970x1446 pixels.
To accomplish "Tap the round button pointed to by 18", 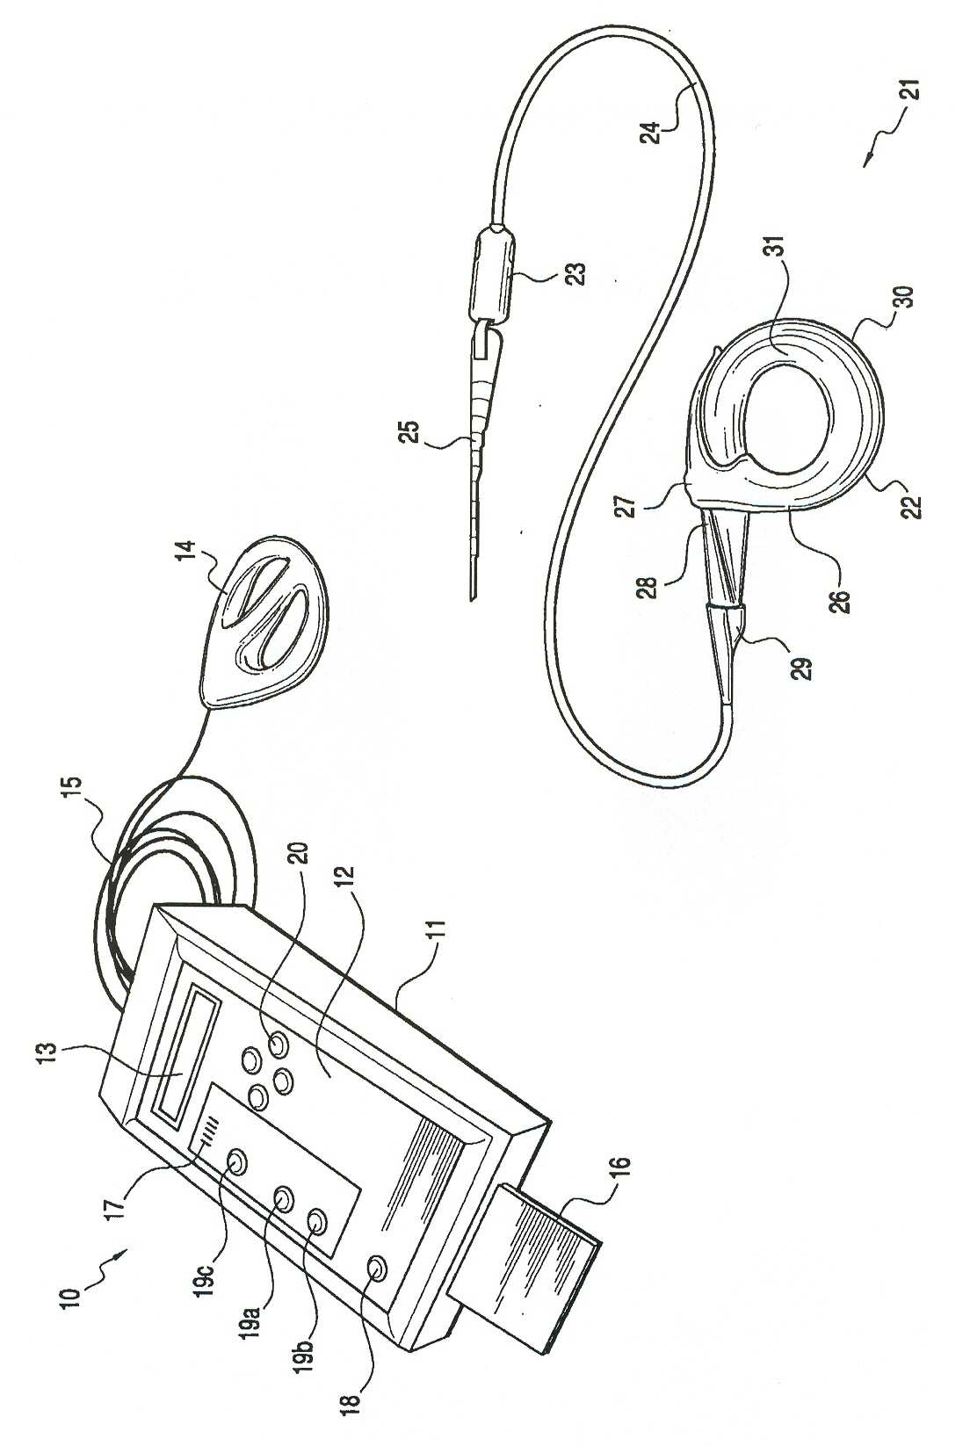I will tap(376, 1267).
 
